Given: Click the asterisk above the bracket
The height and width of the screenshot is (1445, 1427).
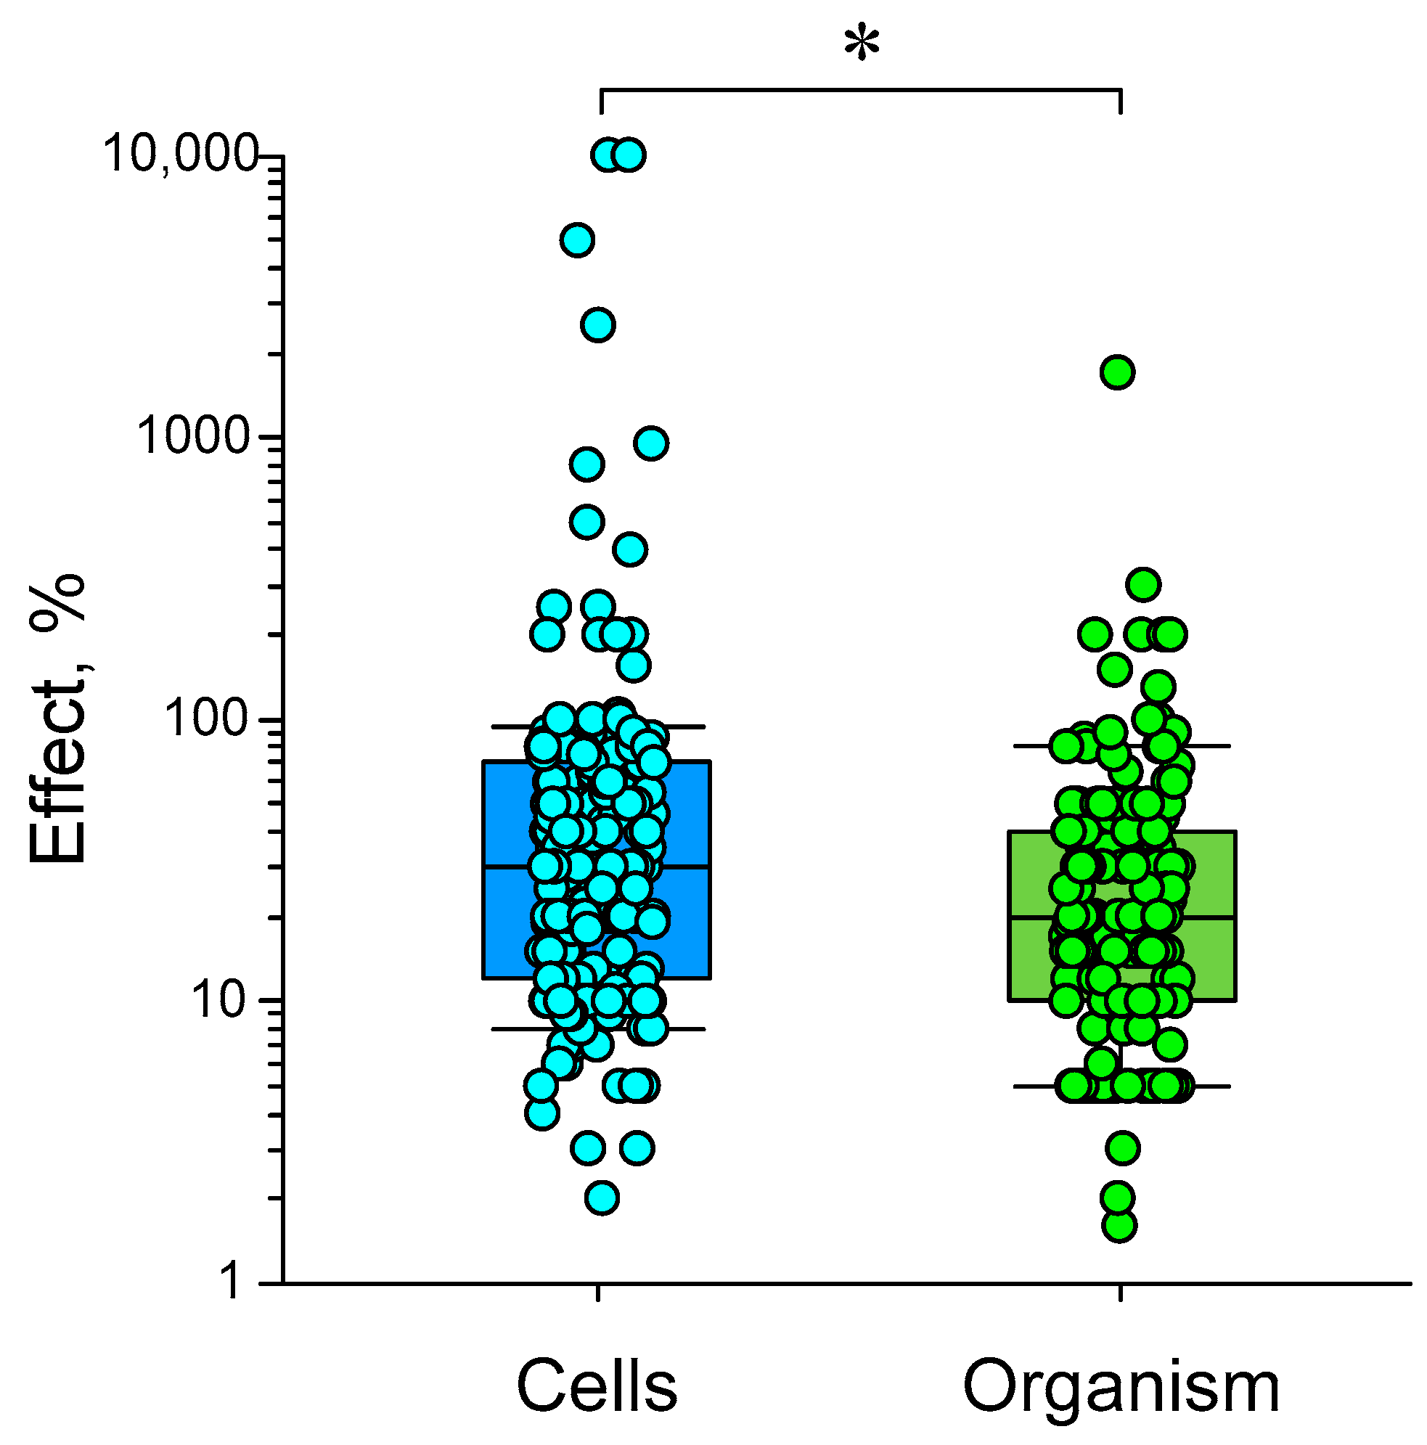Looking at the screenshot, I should tap(862, 44).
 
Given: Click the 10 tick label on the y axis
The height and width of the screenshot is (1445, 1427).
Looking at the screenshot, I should tap(218, 1001).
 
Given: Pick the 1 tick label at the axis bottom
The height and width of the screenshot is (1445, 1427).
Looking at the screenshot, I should tap(231, 1283).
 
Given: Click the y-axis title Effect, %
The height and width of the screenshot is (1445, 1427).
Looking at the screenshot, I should tap(58, 718).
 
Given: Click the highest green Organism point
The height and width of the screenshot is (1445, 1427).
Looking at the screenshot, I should tap(1117, 372).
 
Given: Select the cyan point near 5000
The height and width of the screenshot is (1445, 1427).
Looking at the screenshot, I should tap(577, 240).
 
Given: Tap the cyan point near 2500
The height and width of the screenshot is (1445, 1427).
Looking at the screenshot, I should tap(598, 324).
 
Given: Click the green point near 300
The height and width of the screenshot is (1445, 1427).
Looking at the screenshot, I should tap(1143, 584).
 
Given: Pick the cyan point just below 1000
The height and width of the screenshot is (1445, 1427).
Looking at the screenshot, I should tap(650, 443).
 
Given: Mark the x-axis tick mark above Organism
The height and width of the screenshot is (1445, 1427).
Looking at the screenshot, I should tap(1121, 1293).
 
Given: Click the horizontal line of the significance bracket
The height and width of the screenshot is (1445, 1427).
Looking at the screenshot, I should tap(860, 90).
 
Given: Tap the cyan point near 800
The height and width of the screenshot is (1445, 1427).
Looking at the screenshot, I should tap(587, 464).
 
